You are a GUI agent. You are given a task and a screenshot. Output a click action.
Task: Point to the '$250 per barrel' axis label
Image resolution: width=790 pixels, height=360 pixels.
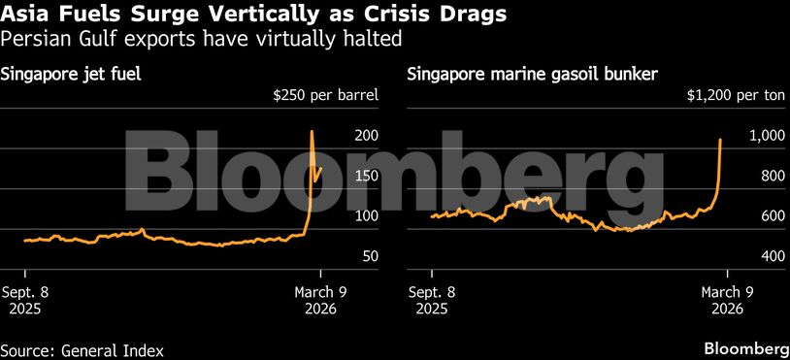click(325, 96)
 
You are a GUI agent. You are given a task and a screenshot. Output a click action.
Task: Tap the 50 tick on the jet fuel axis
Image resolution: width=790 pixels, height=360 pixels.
click(343, 256)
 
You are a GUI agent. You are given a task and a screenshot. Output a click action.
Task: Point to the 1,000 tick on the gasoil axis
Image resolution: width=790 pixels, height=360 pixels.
click(756, 136)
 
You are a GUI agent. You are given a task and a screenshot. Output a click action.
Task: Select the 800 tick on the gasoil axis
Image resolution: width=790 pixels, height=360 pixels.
click(760, 176)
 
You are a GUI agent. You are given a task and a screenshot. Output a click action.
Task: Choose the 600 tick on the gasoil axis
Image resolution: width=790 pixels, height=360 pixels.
click(760, 215)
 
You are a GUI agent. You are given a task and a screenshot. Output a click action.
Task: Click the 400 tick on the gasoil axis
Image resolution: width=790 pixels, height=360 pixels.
click(760, 256)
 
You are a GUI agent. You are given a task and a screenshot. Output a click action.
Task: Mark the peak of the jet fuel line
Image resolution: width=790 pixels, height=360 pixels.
click(312, 131)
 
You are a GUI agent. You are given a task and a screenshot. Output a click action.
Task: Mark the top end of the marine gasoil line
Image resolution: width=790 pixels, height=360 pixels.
click(720, 140)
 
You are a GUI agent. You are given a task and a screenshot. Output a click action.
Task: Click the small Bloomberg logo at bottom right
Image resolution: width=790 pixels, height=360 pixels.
click(745, 348)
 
